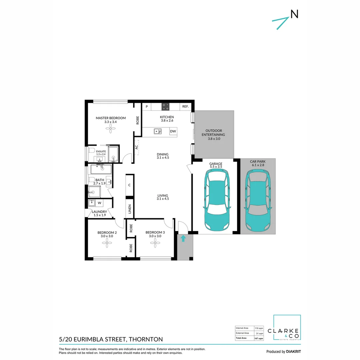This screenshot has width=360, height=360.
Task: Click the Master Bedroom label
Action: pyautogui.click(x=111, y=118)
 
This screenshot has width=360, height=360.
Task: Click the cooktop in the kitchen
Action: pyautogui.click(x=165, y=107)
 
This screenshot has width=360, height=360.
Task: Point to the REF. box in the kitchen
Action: pyautogui.click(x=185, y=107)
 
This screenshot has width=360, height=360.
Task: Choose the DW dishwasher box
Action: pyautogui.click(x=173, y=131)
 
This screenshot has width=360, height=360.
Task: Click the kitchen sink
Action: pyautogui.click(x=158, y=131)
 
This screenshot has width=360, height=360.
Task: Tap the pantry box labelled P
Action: pyautogui.click(x=147, y=107)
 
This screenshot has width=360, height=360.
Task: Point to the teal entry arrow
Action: pyautogui.click(x=183, y=238)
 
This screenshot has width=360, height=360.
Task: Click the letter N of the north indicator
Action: pyautogui.click(x=294, y=14)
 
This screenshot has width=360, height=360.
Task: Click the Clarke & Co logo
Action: pyautogui.click(x=287, y=328)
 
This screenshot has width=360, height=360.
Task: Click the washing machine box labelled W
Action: pyautogui.click(x=100, y=203)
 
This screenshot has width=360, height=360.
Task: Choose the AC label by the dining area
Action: pyautogui.click(x=137, y=147)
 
